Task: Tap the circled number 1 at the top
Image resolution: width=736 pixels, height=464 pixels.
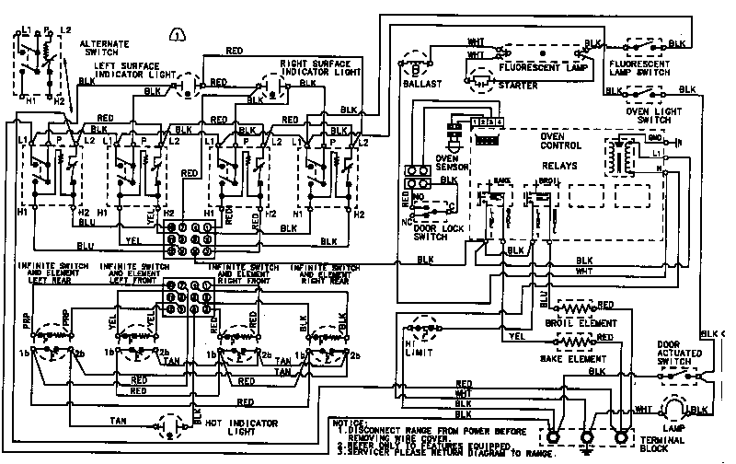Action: point(177,36)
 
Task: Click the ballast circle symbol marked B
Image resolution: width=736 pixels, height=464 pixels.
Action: point(416,66)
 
